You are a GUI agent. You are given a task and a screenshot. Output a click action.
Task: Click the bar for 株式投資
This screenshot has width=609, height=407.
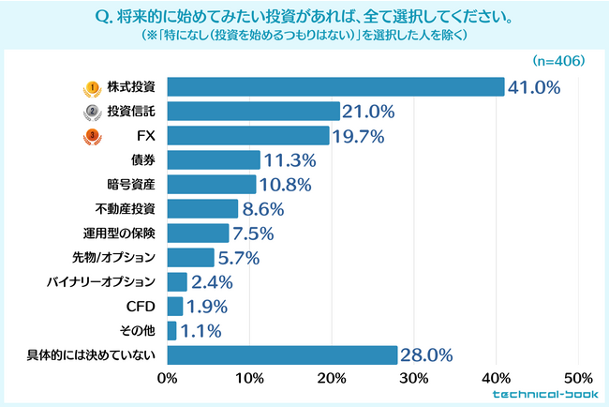(x=335, y=87)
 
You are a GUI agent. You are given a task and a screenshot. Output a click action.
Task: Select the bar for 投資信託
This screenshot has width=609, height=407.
(x=253, y=112)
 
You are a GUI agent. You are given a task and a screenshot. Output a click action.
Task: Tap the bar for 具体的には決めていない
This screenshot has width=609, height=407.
(x=282, y=354)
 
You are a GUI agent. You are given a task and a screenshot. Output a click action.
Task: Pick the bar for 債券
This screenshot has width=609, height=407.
(x=214, y=160)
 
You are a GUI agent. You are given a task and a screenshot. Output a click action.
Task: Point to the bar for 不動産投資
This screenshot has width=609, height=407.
(x=202, y=208)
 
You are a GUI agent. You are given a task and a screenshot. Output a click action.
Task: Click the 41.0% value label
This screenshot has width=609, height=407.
(x=534, y=87)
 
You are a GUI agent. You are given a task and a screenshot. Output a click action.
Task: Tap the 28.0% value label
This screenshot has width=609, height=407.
(x=427, y=354)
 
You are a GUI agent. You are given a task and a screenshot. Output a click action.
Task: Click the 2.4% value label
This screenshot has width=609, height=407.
(x=212, y=281)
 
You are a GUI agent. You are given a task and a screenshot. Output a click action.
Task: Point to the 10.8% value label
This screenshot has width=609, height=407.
(x=285, y=184)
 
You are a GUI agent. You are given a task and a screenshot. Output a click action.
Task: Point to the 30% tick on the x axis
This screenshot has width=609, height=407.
(x=414, y=380)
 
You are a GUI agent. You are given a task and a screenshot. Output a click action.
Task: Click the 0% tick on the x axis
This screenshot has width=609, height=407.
(x=168, y=380)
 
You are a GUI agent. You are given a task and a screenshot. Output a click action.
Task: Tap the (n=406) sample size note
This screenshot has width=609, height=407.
(x=558, y=61)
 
